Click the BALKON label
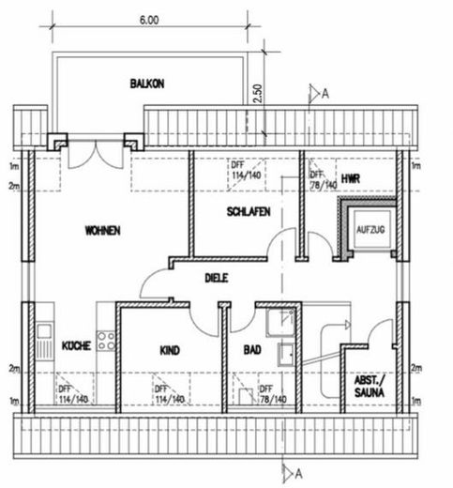tap(147, 84)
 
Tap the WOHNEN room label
tap(101, 229)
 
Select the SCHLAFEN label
tap(249, 212)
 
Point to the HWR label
tap(351, 176)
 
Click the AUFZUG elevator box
tap(367, 227)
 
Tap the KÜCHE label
tap(76, 345)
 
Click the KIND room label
tap(170, 350)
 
